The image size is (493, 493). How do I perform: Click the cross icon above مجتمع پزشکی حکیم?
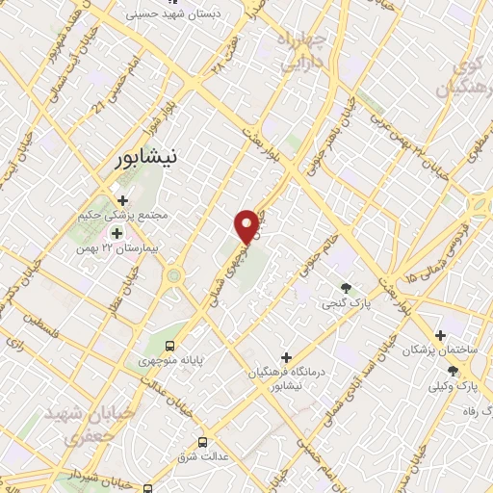[123, 200]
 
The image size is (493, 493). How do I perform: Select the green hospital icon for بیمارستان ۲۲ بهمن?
[117, 232]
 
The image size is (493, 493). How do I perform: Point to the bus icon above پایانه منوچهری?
[170, 346]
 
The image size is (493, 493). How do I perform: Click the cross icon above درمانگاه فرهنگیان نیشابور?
[285, 355]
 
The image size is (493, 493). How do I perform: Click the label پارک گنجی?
[347, 303]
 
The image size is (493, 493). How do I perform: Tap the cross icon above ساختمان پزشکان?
[440, 336]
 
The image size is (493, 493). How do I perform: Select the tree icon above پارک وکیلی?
[453, 371]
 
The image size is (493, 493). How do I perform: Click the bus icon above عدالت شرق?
[201, 442]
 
